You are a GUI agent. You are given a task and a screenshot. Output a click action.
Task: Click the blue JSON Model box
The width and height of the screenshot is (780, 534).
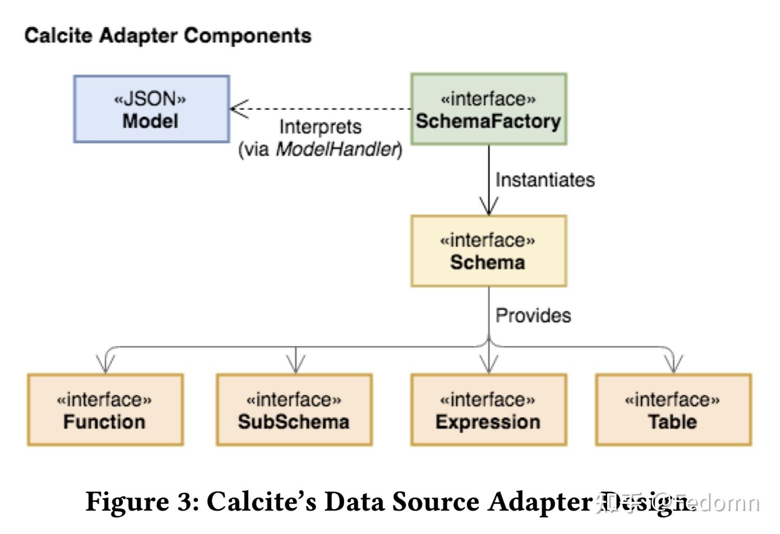pos(151,109)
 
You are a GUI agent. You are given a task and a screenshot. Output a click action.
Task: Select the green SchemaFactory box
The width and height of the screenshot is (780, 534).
pos(488,109)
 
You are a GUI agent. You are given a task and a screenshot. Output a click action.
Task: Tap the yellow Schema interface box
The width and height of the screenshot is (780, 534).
pos(488,251)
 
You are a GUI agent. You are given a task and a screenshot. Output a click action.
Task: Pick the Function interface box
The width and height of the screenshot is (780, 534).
pos(105,410)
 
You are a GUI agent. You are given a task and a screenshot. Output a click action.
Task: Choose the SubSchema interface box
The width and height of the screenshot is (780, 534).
pos(294,410)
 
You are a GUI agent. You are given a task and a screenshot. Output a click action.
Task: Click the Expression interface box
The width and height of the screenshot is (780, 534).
pos(488,410)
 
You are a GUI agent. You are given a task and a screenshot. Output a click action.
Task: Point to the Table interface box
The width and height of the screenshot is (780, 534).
pos(673,410)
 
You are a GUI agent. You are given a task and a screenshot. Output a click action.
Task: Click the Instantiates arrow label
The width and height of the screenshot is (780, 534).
pos(545,180)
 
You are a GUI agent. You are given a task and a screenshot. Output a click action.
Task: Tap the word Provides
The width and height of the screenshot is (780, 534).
pos(533,315)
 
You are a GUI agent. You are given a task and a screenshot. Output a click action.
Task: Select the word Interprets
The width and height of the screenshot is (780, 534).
pos(320,127)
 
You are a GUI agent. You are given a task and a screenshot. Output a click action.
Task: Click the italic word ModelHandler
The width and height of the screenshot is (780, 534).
pos(337,149)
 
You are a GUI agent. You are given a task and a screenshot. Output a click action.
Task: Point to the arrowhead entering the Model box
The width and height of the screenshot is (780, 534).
pos(237,109)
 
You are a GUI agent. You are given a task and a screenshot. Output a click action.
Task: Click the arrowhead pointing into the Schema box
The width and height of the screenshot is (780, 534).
pos(488,207)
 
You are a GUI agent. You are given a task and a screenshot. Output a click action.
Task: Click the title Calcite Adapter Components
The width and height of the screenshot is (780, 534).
pos(168,35)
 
